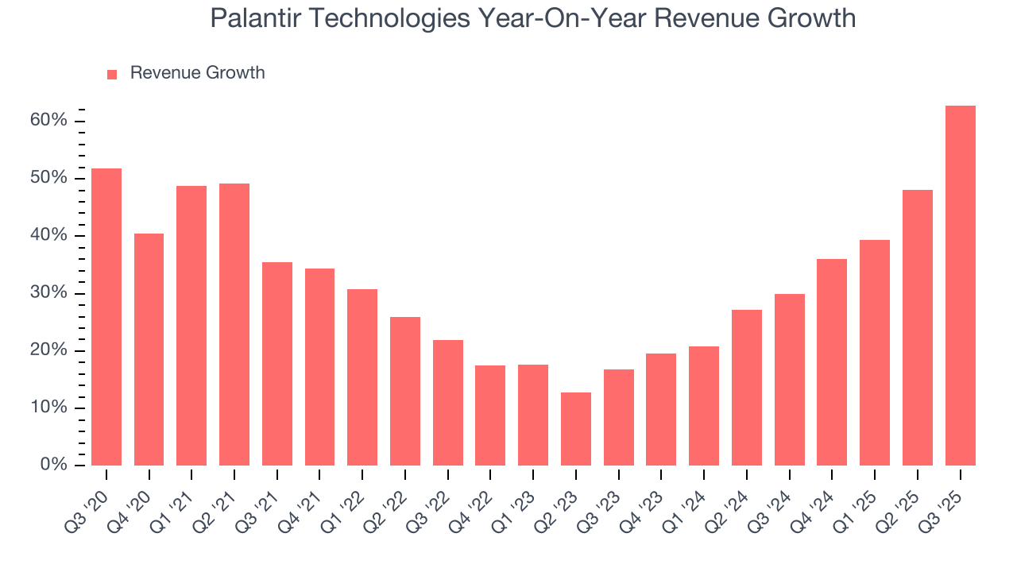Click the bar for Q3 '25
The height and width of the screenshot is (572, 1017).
point(960,285)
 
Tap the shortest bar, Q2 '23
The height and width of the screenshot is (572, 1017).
point(575,429)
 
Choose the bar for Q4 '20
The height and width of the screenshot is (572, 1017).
point(149,349)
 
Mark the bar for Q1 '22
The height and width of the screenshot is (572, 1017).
point(362,377)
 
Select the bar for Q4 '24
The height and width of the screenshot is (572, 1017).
point(832,361)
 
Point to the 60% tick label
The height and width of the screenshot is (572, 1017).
point(49,121)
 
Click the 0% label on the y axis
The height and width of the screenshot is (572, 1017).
point(53,465)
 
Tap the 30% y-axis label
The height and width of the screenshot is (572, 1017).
point(49,293)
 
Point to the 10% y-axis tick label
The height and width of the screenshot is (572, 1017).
point(49,408)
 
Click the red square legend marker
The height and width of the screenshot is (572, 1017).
point(112,74)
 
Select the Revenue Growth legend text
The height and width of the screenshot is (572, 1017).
point(197,73)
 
